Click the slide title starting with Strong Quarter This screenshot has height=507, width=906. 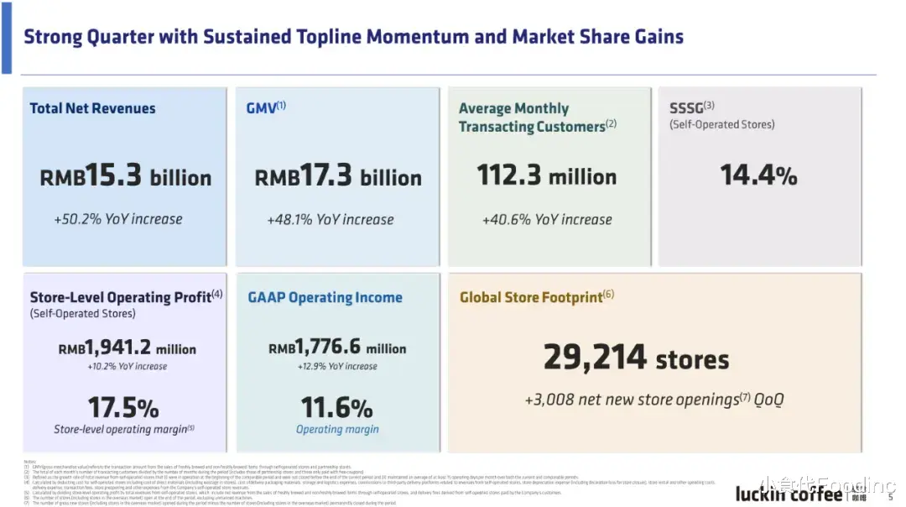353,37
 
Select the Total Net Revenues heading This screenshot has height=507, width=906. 92,108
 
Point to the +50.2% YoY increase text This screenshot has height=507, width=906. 118,219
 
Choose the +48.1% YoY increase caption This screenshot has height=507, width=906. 331,220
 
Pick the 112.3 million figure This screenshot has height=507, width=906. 547,176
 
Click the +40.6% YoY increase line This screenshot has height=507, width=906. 547,220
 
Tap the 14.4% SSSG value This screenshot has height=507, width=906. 758,175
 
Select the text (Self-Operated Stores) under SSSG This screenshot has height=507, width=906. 722,124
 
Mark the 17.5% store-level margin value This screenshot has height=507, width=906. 123,408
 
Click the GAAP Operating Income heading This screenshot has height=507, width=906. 325,297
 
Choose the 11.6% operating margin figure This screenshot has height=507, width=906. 336,408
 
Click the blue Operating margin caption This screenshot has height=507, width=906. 337,430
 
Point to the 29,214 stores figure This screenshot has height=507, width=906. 636,358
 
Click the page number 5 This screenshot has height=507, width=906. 891,497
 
